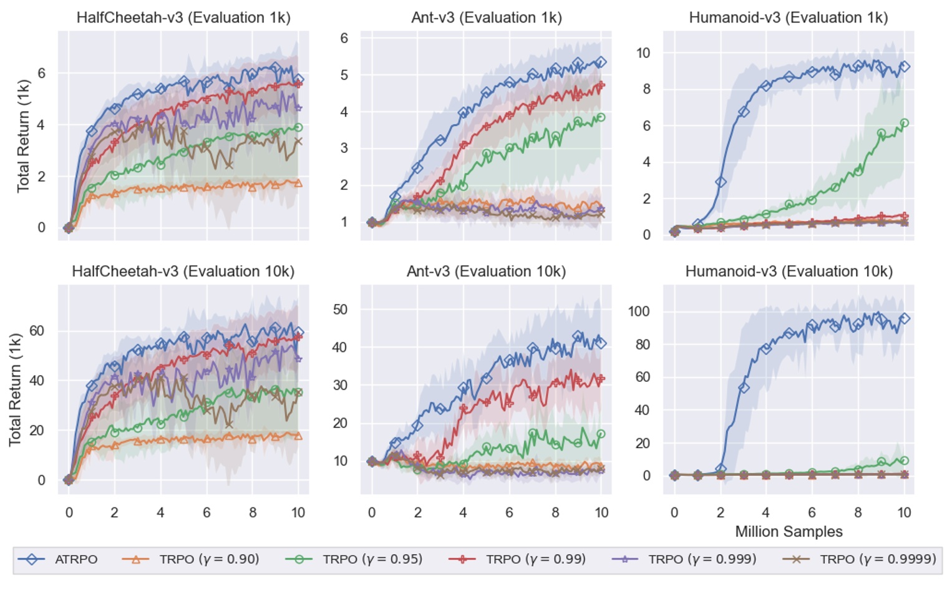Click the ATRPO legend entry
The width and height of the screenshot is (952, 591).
pyautogui.click(x=58, y=559)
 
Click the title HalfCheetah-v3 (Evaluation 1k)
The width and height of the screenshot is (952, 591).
pyautogui.click(x=183, y=17)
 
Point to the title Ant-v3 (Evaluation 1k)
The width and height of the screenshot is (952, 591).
pyautogui.click(x=486, y=17)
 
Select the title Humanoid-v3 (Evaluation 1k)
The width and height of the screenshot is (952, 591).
pyautogui.click(x=789, y=17)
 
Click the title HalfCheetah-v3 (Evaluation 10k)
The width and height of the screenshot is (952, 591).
pyautogui.click(x=183, y=271)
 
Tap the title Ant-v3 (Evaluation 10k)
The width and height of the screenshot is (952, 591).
pyautogui.click(x=486, y=271)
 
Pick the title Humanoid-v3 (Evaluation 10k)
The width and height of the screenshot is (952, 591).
pyautogui.click(x=789, y=271)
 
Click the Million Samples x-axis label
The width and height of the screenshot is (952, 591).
pyautogui.click(x=789, y=532)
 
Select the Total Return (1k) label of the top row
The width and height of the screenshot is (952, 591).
pyautogui.click(x=23, y=135)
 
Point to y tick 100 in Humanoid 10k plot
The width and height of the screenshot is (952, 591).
pyautogui.click(x=638, y=311)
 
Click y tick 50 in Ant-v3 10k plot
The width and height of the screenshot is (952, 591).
pyautogui.click(x=340, y=310)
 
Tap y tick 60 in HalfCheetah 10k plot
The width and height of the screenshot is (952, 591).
pyautogui.click(x=37, y=331)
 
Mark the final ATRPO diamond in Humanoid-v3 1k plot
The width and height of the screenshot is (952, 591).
pyautogui.click(x=904, y=66)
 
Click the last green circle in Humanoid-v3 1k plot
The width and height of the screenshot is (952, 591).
pyautogui.click(x=904, y=123)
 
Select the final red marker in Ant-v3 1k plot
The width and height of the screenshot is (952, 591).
pyautogui.click(x=601, y=85)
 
